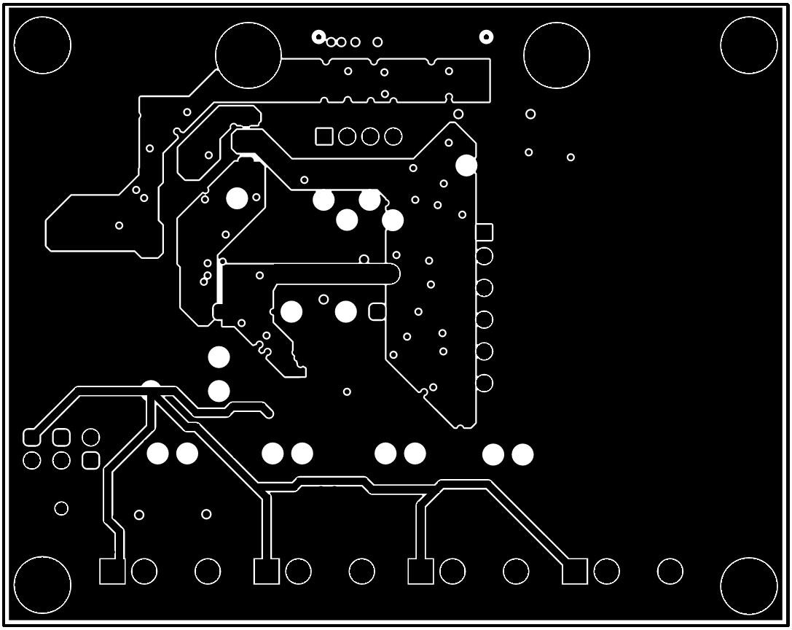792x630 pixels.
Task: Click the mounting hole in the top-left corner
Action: [x=42, y=44]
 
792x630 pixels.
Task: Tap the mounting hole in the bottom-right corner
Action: [x=749, y=586]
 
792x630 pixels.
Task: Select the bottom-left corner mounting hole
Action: [x=42, y=586]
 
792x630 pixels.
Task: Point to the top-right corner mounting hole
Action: [x=749, y=44]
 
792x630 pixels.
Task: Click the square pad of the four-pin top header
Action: [x=324, y=136]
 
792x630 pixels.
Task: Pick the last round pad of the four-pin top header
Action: [x=393, y=136]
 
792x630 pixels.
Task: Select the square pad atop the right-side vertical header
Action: [x=484, y=233]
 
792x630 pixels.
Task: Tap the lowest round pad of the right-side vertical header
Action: [x=484, y=383]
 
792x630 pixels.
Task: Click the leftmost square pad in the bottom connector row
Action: [x=112, y=572]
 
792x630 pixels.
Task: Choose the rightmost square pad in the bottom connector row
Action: [x=575, y=572]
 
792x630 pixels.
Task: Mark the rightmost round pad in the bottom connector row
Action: [x=670, y=572]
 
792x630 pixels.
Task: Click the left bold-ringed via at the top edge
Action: [x=318, y=36]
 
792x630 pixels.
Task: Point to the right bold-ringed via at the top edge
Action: [x=486, y=36]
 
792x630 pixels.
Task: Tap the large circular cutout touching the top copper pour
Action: [x=248, y=55]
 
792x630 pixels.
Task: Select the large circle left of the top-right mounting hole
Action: [x=556, y=55]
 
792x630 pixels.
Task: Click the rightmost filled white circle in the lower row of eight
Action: [x=522, y=455]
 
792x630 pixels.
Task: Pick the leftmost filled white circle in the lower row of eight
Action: [x=157, y=454]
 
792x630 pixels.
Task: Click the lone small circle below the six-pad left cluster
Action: [x=61, y=508]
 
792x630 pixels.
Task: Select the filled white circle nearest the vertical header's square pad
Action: [x=466, y=165]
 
